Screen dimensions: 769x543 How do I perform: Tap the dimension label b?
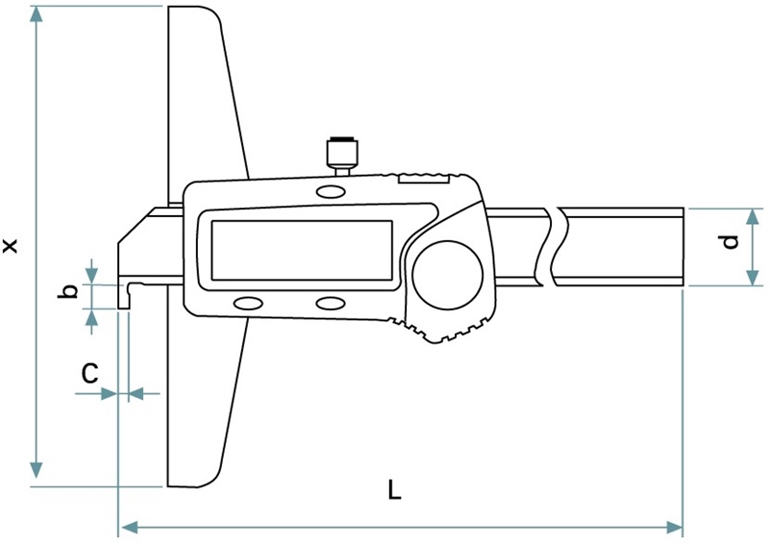68,291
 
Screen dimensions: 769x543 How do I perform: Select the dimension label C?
89,373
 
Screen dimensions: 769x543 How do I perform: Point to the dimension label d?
731,242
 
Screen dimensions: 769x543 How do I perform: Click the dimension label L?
394,489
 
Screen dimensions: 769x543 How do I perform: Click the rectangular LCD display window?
302,250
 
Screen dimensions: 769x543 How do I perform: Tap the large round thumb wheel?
448,275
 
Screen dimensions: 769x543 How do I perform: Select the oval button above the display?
330,191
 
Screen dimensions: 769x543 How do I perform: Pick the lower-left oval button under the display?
248,304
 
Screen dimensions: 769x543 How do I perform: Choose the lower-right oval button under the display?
330,304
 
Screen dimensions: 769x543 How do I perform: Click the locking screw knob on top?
342,155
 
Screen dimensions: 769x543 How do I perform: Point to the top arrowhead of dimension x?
36,14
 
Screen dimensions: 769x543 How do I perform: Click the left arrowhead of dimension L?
129,528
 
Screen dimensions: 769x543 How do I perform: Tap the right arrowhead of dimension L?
675,528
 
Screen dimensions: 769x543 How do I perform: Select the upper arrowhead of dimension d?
752,216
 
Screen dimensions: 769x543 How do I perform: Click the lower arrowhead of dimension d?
752,277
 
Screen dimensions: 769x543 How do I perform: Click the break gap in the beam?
553,247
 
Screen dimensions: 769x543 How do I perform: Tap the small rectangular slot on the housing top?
423,180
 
